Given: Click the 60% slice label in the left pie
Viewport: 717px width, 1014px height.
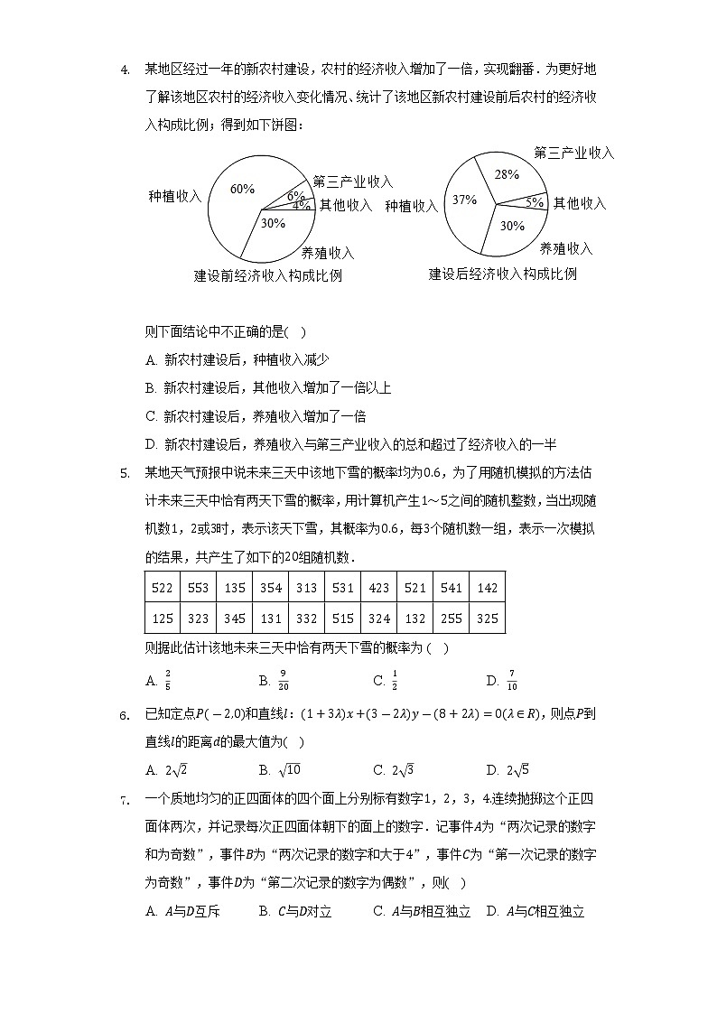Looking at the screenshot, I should pos(242,189).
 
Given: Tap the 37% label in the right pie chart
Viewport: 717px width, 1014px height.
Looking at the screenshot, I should pos(464,200).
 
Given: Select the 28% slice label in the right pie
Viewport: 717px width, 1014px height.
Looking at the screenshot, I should pos(507,174).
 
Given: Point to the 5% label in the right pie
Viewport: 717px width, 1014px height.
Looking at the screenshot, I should pos(535,202).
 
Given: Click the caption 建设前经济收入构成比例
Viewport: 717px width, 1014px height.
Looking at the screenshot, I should pos(268,275).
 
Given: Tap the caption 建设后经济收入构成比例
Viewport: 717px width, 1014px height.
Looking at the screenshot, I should pos(502,274).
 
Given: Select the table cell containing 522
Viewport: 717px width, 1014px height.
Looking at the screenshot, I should pos(162,588).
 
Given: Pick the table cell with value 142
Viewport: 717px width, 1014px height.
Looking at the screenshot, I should pos(487,588).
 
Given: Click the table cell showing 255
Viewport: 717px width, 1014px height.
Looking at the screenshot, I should pos(451,619).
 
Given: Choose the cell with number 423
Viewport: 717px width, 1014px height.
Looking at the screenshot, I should pos(378,588).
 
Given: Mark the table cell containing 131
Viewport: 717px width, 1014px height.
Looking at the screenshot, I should pos(270,619).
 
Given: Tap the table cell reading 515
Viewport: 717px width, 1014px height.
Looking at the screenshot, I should pos(342,619).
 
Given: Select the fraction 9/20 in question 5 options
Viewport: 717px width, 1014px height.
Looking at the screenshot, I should pos(284,681).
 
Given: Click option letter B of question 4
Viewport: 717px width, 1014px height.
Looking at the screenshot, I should pos(151,388).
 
